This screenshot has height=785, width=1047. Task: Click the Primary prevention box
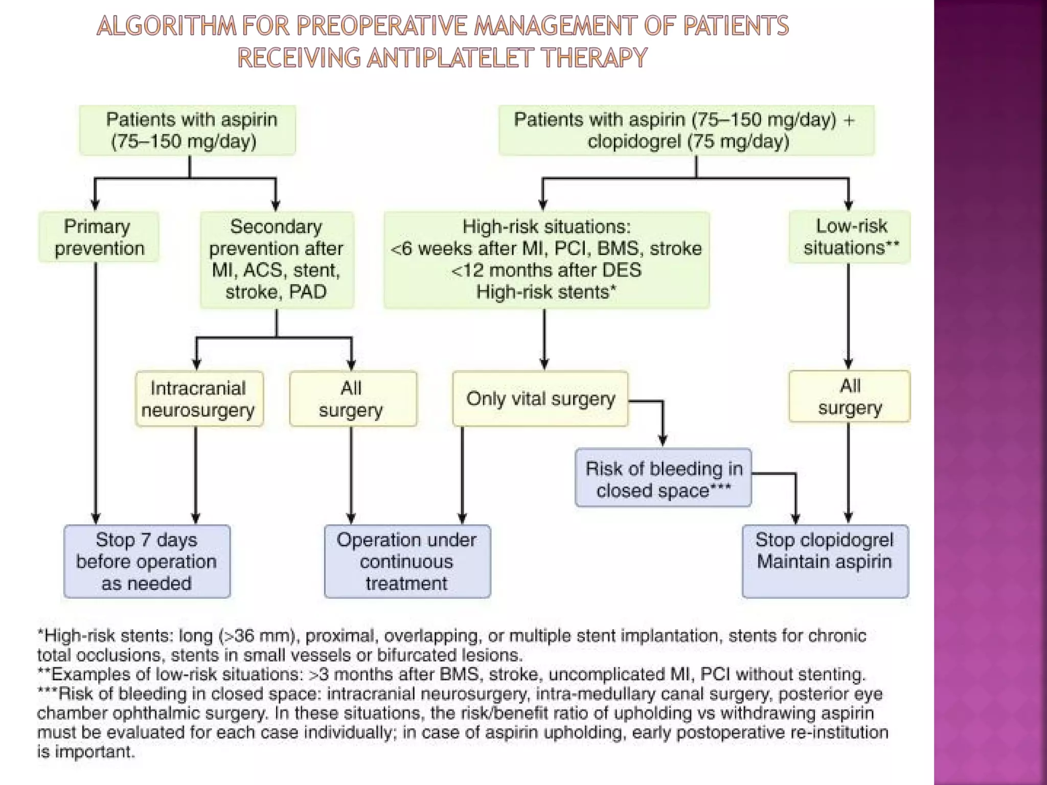(99, 237)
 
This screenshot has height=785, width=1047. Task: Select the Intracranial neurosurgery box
(199, 399)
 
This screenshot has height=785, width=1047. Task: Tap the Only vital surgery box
(540, 399)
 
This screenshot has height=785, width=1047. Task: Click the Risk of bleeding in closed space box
(663, 478)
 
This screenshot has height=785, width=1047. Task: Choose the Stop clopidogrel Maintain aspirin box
(825, 561)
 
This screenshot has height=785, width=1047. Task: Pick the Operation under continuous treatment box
(407, 561)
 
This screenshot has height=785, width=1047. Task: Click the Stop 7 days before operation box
(147, 561)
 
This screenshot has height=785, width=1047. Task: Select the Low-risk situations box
(850, 237)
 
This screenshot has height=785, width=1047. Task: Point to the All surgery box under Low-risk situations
(849, 397)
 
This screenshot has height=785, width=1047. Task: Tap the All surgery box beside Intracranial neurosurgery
(352, 399)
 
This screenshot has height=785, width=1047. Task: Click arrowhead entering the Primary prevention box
(95, 205)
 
